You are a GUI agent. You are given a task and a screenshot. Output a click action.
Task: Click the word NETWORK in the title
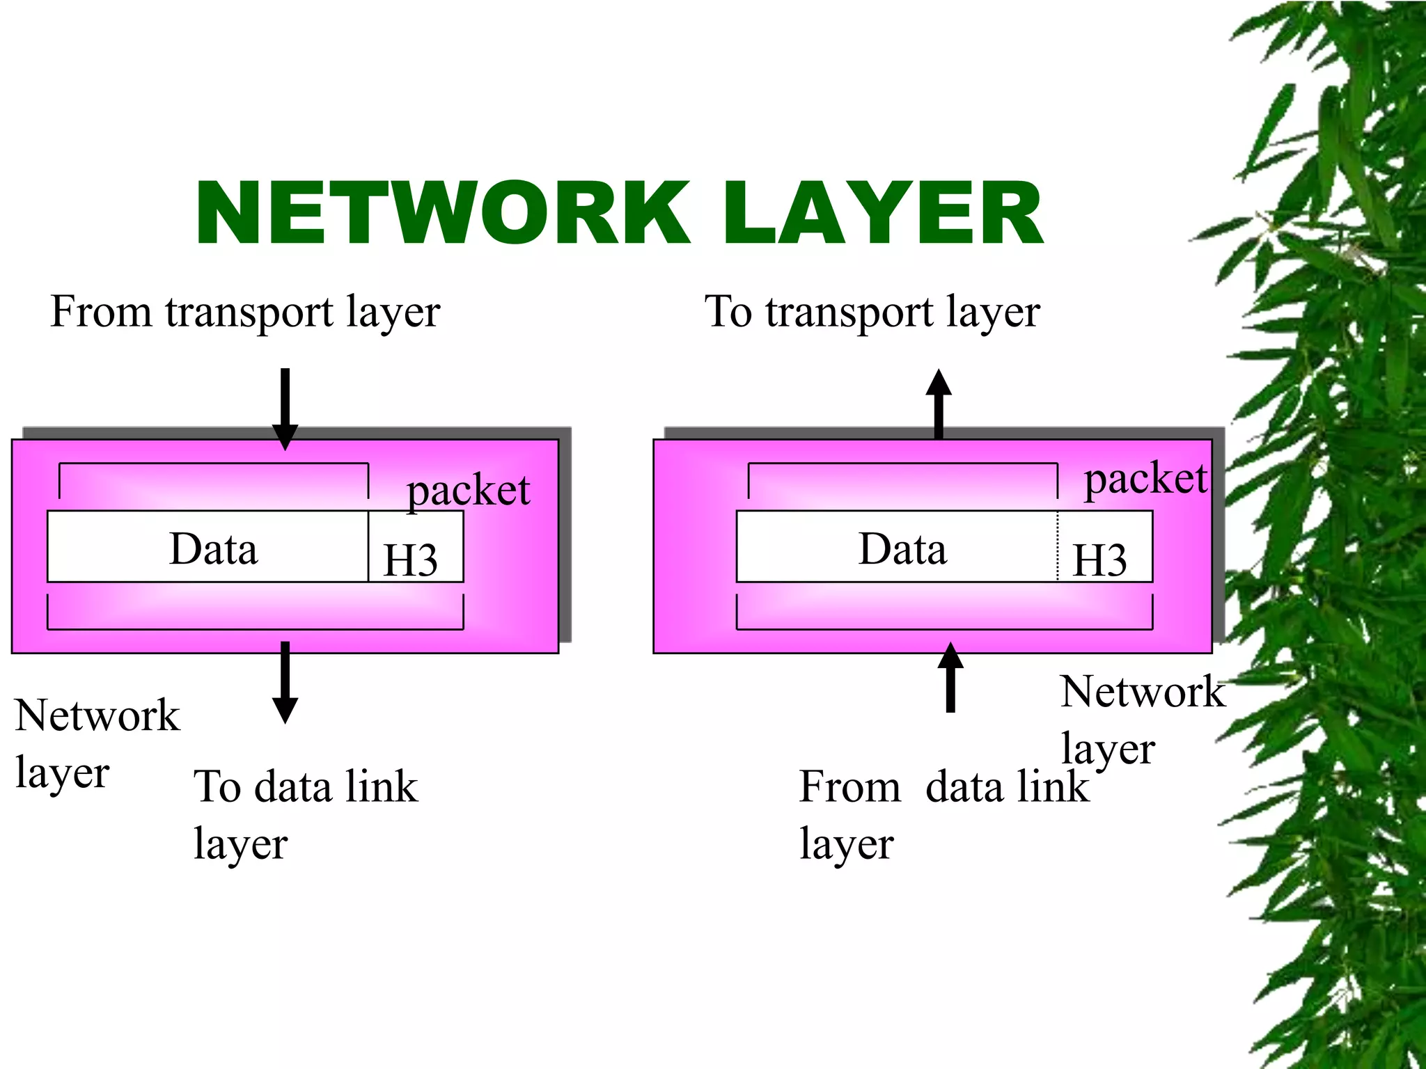[x=443, y=213]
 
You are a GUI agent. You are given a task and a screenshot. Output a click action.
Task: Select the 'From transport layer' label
[x=245, y=311]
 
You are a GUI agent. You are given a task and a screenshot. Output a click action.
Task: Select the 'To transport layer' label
[x=872, y=311]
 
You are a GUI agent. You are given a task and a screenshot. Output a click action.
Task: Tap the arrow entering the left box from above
[x=285, y=408]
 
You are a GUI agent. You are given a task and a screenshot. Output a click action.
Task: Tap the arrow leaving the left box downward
[x=285, y=682]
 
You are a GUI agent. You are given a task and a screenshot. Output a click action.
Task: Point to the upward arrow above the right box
[x=939, y=404]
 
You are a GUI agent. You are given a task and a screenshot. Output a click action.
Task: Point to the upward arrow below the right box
[x=950, y=678]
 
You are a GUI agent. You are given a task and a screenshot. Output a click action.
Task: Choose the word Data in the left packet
[x=214, y=548]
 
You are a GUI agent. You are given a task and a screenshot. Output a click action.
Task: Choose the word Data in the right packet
[x=902, y=548]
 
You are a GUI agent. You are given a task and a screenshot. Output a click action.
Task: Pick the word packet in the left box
[x=468, y=491]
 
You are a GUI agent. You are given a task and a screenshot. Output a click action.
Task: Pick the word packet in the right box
[x=1145, y=479]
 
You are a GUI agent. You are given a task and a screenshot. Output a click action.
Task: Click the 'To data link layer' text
[x=305, y=813]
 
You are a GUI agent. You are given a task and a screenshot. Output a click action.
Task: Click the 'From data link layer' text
[x=943, y=813]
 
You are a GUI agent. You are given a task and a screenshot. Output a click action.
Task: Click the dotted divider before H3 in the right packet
[x=1058, y=547]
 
